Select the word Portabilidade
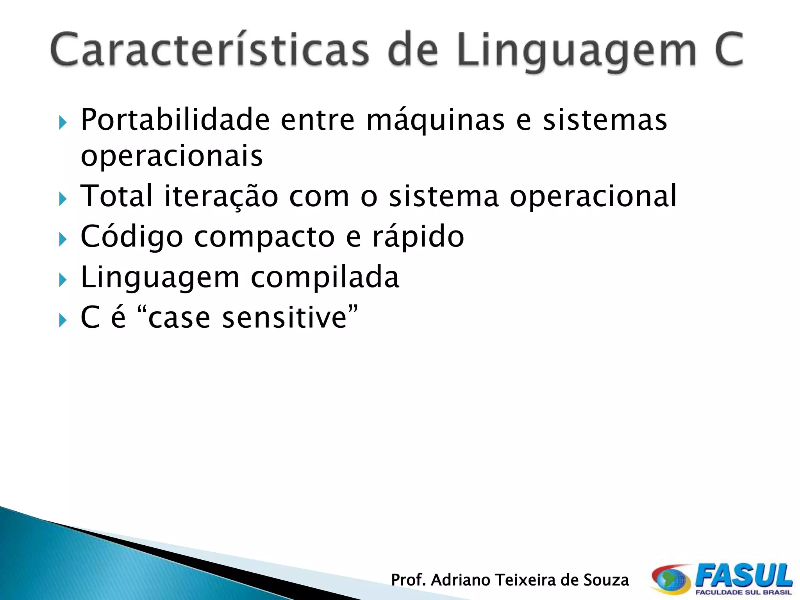click(175, 120)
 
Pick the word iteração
click(221, 196)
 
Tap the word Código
click(132, 237)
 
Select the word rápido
click(418, 237)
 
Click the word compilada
click(325, 277)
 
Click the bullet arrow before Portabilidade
click(63, 123)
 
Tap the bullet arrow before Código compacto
click(63, 239)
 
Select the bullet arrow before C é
click(63, 321)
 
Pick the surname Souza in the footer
click(606, 580)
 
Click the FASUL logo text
click(744, 575)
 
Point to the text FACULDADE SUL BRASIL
click(743, 593)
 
